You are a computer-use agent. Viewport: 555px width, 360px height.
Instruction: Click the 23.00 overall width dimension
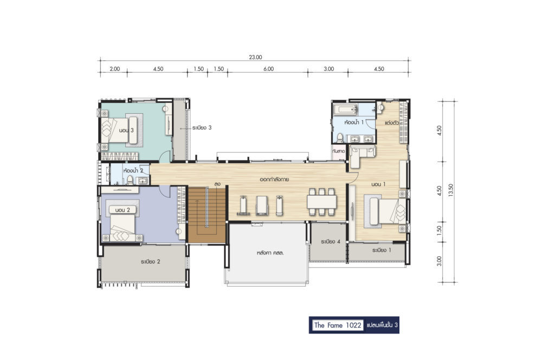click(255, 57)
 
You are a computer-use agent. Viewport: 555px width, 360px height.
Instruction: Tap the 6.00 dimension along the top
click(269, 69)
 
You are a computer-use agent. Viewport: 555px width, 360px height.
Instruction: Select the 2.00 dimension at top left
click(115, 69)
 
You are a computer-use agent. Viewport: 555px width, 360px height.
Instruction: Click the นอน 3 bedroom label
click(126, 130)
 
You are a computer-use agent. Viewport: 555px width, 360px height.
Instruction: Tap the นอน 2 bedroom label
click(122, 210)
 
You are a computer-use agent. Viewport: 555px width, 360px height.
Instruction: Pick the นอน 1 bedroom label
click(378, 184)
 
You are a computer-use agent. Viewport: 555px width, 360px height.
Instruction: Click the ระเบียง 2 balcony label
click(151, 261)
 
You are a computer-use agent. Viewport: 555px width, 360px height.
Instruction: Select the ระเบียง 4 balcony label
click(331, 241)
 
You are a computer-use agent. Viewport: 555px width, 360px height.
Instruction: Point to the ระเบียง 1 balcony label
click(382, 250)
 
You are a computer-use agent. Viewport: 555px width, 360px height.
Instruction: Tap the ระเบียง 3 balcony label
click(202, 127)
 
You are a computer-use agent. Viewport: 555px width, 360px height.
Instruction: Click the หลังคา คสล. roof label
click(270, 253)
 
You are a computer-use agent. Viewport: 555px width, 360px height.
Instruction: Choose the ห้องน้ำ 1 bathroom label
click(354, 122)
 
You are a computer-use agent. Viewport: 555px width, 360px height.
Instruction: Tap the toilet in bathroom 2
click(130, 180)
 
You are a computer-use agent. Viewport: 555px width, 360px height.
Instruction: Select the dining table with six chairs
click(322, 202)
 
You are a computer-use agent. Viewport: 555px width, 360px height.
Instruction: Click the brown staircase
click(206, 215)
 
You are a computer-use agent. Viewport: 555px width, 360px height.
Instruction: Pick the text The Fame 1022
click(338, 325)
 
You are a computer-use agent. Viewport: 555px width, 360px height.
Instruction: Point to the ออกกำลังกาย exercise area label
click(274, 179)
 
